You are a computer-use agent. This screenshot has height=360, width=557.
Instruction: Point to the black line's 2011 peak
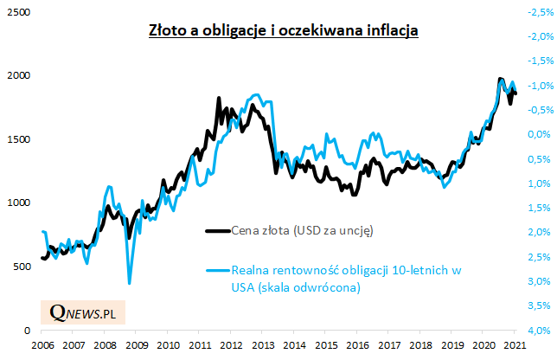(218, 98)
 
